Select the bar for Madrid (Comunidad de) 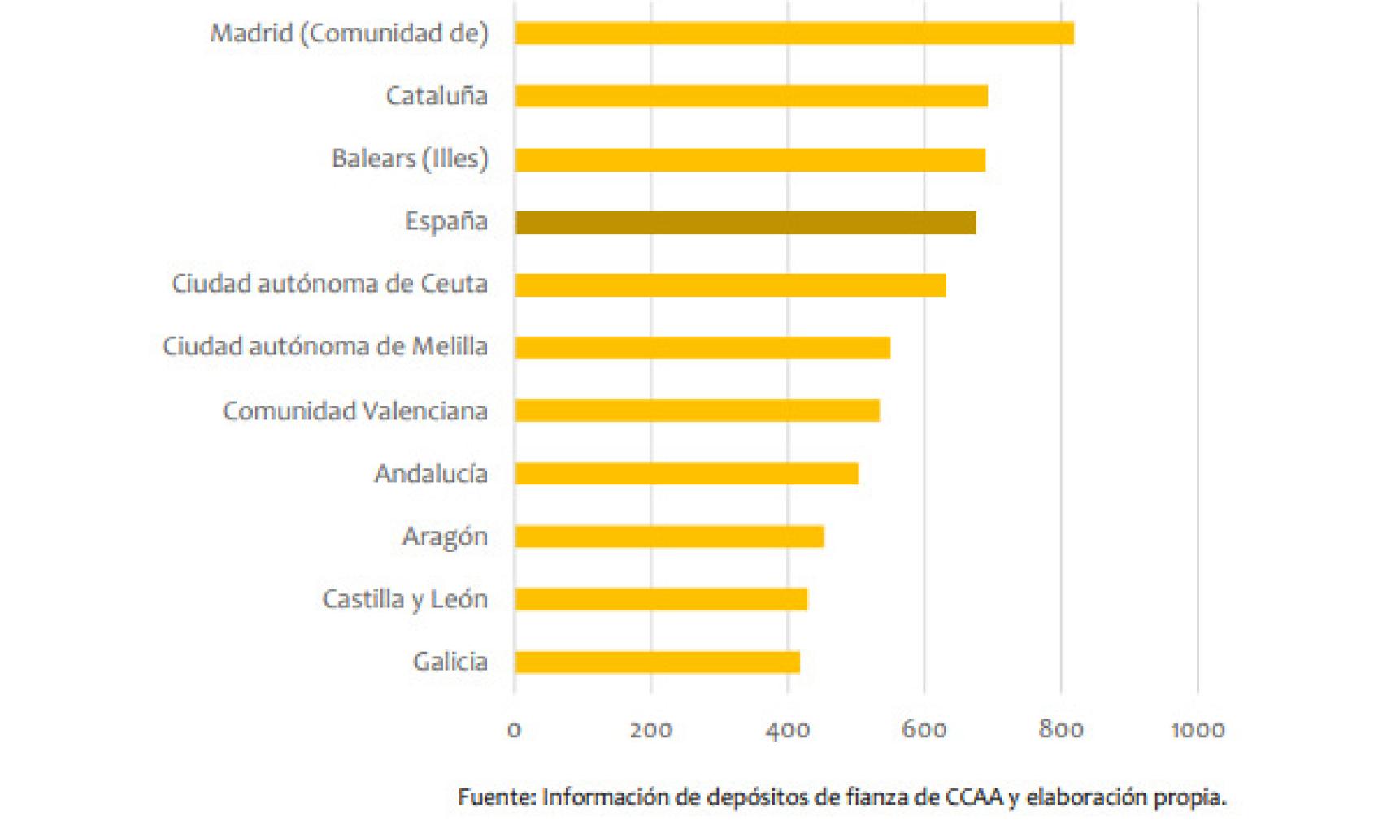tap(794, 33)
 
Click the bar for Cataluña tap(750, 96)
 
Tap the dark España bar tap(745, 223)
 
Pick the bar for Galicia tap(657, 662)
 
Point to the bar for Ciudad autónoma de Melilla tap(702, 348)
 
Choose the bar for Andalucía tap(686, 473)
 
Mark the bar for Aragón tap(669, 536)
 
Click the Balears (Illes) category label tap(410, 159)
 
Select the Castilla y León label tap(405, 600)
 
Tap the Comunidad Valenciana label tap(355, 411)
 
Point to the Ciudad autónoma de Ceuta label tap(329, 285)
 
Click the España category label tap(446, 221)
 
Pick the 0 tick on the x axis tap(514, 730)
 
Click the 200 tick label tap(650, 730)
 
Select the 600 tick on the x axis tap(924, 730)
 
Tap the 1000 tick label tap(1198, 730)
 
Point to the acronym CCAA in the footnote tap(973, 797)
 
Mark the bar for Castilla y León tap(660, 599)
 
